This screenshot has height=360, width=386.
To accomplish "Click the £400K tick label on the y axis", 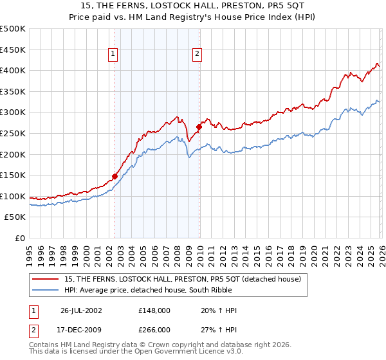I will (x=13, y=71).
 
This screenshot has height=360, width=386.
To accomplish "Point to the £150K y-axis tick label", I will (x=13, y=175).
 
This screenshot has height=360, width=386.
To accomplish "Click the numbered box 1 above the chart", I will (x=113, y=55).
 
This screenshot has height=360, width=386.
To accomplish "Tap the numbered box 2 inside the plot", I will (x=196, y=55).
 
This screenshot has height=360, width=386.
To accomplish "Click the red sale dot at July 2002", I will (x=115, y=175).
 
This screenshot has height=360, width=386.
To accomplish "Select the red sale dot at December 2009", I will (x=199, y=127).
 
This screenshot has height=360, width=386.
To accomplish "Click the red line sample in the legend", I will (x=45, y=278).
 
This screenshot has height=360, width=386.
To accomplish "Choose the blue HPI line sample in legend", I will (x=45, y=289).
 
